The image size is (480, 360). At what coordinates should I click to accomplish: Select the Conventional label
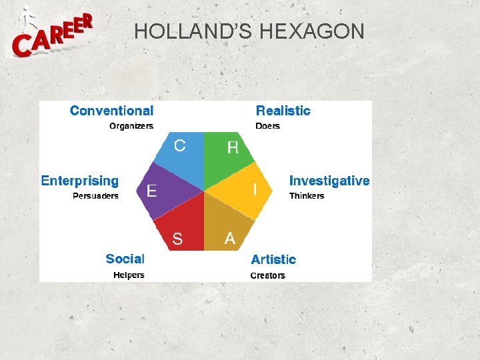click(x=111, y=111)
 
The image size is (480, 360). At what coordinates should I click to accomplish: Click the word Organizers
click(x=131, y=126)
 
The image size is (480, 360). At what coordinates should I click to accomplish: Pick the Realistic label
click(x=283, y=111)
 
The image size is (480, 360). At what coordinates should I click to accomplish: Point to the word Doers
click(x=268, y=126)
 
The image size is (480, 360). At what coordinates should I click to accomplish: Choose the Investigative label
click(x=329, y=181)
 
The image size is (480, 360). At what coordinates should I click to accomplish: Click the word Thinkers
click(x=307, y=196)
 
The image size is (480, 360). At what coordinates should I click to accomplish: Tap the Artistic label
click(x=273, y=259)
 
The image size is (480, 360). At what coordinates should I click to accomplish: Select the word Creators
click(x=267, y=275)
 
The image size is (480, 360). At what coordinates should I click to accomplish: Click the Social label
click(x=125, y=259)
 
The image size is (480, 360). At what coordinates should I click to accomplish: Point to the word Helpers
click(x=129, y=275)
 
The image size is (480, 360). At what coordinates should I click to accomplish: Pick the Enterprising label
click(x=80, y=181)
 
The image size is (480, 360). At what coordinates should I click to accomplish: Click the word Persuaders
click(x=95, y=196)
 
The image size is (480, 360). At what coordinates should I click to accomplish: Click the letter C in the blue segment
click(x=180, y=145)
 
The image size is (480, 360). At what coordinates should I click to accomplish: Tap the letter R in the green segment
click(x=233, y=147)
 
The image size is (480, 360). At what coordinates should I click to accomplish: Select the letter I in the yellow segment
click(x=255, y=190)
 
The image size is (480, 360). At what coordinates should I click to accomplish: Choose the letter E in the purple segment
click(x=152, y=191)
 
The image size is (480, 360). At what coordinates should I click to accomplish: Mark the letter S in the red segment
click(x=177, y=239)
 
